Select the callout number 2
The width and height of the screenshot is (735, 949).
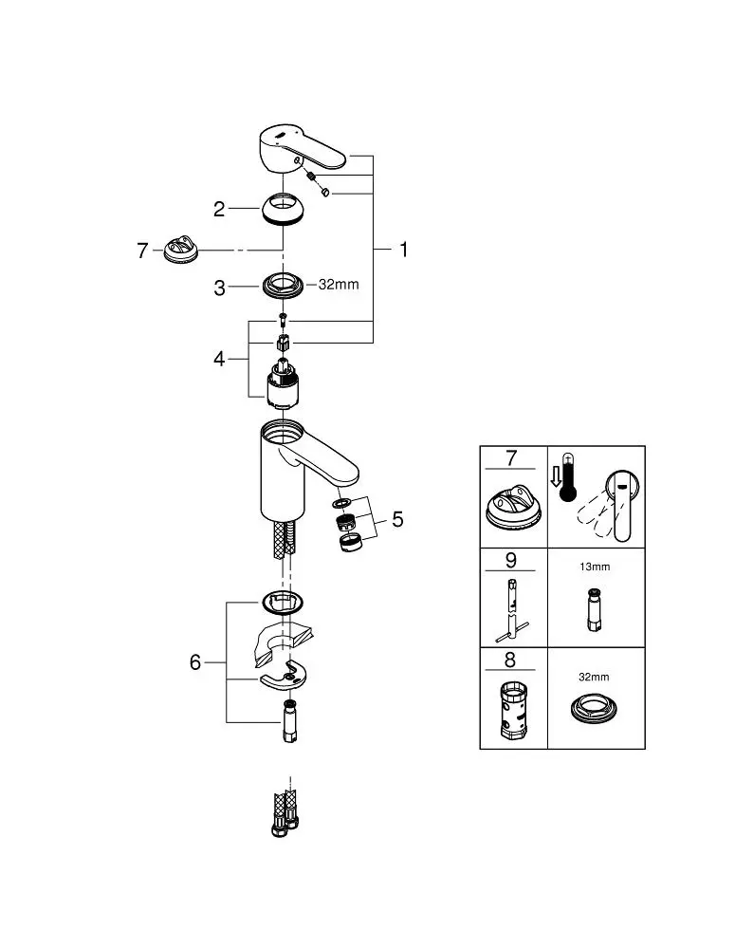pyautogui.click(x=219, y=209)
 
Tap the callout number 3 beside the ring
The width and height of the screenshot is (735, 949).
pyautogui.click(x=219, y=288)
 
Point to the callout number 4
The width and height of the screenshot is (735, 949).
pyautogui.click(x=219, y=360)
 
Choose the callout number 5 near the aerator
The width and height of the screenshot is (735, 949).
pyautogui.click(x=397, y=519)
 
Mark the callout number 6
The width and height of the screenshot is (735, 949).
pyautogui.click(x=195, y=662)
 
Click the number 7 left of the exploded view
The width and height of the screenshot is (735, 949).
pyautogui.click(x=142, y=251)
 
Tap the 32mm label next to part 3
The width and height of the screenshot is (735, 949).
pyautogui.click(x=338, y=285)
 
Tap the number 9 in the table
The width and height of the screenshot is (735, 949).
pyautogui.click(x=512, y=560)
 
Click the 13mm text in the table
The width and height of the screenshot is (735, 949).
pyautogui.click(x=594, y=568)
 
